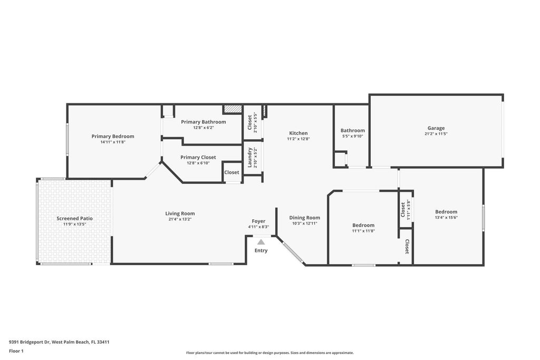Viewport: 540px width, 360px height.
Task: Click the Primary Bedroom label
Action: tap(113, 136)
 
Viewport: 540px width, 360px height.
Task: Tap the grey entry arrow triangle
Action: tap(261, 241)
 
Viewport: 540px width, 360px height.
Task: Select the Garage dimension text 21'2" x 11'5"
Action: tap(436, 134)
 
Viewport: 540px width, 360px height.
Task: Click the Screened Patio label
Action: tap(75, 218)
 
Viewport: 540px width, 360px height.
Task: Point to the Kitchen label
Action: tap(298, 133)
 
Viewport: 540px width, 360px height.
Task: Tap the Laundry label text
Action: tap(250, 158)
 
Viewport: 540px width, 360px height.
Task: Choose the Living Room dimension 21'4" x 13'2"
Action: tap(180, 219)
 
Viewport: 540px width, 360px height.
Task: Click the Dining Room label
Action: tap(305, 218)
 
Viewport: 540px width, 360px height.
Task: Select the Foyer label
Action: tap(258, 221)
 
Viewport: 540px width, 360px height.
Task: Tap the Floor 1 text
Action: tap(17, 351)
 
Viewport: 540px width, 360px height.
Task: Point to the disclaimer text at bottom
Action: tap(269, 353)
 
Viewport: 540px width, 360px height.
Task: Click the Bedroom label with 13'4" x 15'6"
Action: tap(446, 212)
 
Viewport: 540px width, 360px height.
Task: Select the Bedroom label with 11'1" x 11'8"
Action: tap(363, 225)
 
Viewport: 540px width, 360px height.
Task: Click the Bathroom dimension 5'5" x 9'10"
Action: tap(352, 136)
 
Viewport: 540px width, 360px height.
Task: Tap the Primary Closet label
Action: tap(198, 157)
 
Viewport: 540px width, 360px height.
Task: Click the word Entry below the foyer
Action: tap(261, 250)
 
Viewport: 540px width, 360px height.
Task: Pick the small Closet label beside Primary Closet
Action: tap(232, 172)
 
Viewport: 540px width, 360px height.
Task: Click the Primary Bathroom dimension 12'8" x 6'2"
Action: tap(203, 128)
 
